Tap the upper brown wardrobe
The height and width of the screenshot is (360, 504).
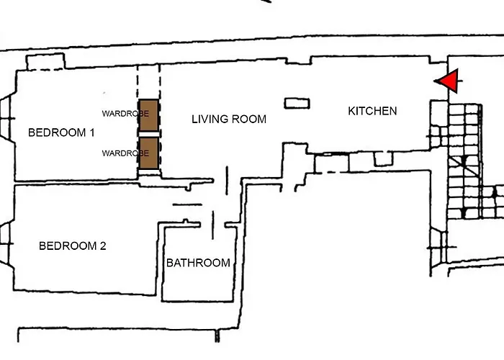click(149, 116)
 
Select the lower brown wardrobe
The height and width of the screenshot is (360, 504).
click(149, 153)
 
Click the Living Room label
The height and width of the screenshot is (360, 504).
click(228, 119)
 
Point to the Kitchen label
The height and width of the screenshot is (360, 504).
click(372, 111)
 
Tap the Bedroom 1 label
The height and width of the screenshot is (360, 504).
click(60, 132)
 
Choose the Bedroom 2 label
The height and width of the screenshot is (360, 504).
click(72, 246)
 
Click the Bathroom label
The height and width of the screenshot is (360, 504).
click(198, 263)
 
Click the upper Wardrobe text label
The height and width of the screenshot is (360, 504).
click(125, 114)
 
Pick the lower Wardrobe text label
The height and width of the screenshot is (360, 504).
click(125, 153)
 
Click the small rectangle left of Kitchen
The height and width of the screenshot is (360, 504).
click(297, 103)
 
